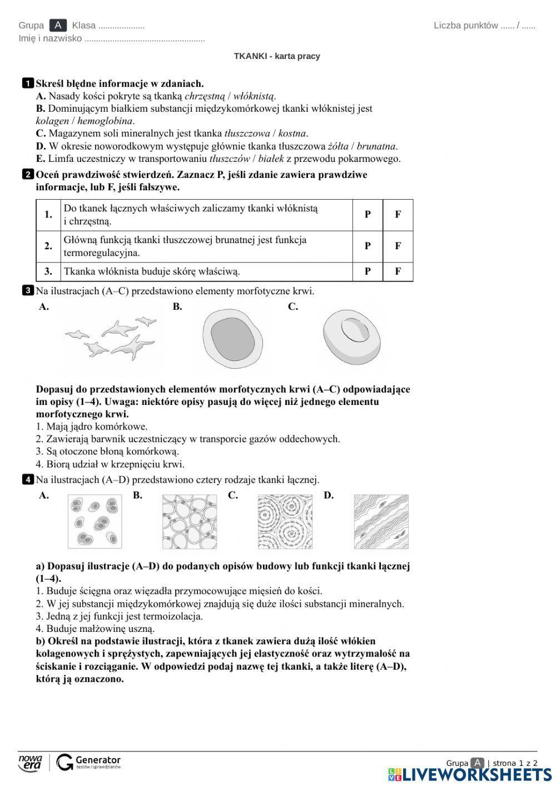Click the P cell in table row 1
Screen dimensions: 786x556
point(368,215)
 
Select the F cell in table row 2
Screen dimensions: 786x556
point(398,246)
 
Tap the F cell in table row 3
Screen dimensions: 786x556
point(398,271)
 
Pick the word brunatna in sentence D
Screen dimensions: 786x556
point(376,146)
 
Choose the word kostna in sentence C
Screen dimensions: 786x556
point(292,134)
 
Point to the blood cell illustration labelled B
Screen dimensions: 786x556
point(232,339)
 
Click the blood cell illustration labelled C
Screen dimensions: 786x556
point(351,335)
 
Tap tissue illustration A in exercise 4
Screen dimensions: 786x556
point(95,521)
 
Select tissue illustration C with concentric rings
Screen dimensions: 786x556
point(285,521)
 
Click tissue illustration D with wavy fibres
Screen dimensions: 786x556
point(381,521)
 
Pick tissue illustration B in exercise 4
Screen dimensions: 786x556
point(189,521)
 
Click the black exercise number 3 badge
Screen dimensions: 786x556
point(28,291)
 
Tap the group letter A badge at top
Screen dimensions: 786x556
point(58,25)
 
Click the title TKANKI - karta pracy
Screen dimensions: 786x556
point(277,56)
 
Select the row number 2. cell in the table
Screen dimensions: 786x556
point(48,246)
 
